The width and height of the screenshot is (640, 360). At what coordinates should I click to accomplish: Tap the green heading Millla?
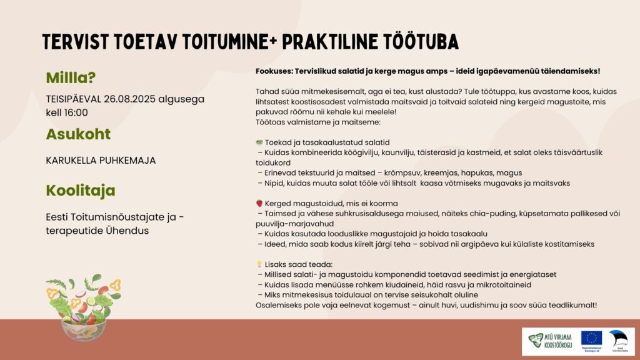point(71,78)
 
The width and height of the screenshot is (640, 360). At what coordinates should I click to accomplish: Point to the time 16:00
point(75,112)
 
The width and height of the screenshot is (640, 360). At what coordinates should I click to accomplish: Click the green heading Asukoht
point(78,134)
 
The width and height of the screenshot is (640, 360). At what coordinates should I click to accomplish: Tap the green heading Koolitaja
point(81,190)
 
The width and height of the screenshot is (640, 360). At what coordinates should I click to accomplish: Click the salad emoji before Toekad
point(259,142)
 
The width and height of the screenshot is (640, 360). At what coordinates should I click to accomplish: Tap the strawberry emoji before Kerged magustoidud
point(259,204)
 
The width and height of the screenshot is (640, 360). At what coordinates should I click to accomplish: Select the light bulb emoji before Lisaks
point(259,264)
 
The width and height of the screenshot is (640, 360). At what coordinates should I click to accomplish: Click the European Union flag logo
point(591,338)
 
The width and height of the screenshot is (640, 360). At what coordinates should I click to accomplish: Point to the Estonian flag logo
point(619,338)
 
